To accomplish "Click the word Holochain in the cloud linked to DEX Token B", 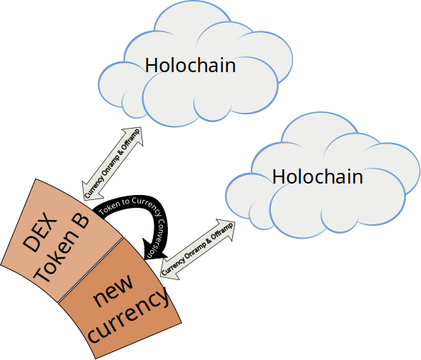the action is (x=190, y=65).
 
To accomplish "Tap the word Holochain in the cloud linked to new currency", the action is (x=317, y=176).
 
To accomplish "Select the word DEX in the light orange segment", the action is (x=40, y=232).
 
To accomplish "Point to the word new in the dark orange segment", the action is (x=113, y=291).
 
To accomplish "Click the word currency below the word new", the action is (x=129, y=316).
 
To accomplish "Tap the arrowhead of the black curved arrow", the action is (x=154, y=249).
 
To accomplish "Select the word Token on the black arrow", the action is (x=109, y=208).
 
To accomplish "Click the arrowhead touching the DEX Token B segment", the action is (x=91, y=191).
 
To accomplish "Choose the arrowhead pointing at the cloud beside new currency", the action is (x=226, y=229).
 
